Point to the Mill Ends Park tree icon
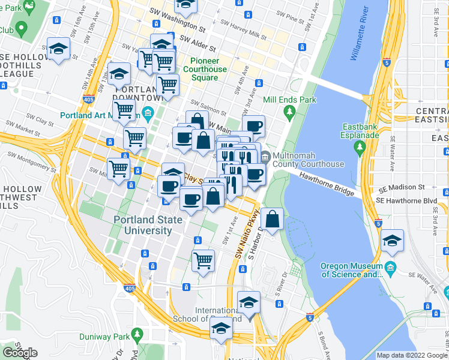[290, 112]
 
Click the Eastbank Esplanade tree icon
[360, 146]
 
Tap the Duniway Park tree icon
[137, 333]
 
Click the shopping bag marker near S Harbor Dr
[273, 220]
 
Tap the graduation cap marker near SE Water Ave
[392, 241]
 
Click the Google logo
[20, 353]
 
